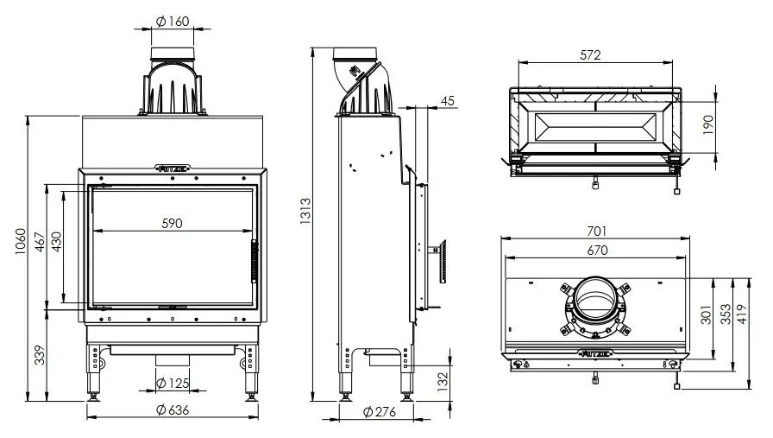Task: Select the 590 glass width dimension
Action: [x=173, y=223]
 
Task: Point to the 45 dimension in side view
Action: [x=447, y=101]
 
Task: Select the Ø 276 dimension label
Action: [x=376, y=412]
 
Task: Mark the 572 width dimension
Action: [x=590, y=55]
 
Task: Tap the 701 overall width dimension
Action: [x=596, y=231]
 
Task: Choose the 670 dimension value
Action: [x=596, y=251]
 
